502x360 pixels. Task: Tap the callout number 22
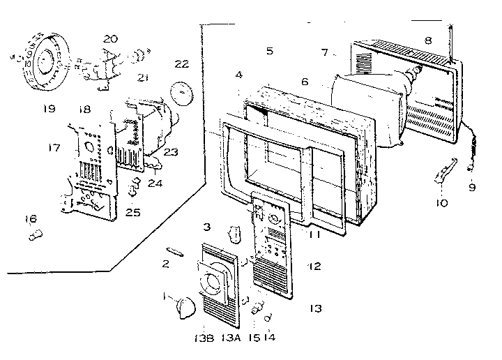point(181,64)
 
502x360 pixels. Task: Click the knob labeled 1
point(187,305)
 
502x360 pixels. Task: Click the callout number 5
point(270,51)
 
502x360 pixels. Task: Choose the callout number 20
point(109,39)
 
